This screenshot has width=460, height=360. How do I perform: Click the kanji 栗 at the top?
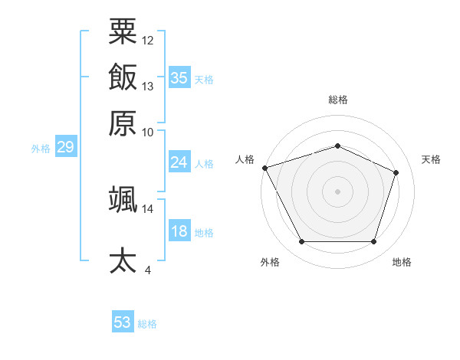[123, 31]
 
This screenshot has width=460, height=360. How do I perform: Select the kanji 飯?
[123, 77]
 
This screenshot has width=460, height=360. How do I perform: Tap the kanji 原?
[123, 123]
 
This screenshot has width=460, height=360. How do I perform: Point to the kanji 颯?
[123, 199]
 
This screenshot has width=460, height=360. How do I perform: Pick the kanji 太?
[123, 260]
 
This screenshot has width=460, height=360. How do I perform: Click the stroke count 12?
[147, 41]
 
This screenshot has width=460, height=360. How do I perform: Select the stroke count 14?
[147, 209]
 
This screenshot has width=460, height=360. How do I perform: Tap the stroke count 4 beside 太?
[147, 270]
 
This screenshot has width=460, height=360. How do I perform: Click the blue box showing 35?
[179, 77]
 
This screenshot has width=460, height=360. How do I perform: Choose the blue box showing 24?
[179, 162]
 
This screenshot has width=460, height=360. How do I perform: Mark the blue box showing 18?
[179, 230]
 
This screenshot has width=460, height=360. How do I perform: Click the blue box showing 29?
[66, 146]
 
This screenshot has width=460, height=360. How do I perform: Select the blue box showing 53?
[123, 321]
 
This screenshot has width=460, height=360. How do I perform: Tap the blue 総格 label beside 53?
[147, 324]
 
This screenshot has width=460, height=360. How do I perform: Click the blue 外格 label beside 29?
[41, 149]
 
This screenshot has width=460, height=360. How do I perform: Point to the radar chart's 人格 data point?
[265, 168]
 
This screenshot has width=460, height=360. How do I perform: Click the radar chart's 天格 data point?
[396, 172]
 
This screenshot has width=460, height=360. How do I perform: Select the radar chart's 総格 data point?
[337, 146]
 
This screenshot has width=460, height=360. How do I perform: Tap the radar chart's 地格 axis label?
[402, 262]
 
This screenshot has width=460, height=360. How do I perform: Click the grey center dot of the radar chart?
[337, 191]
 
